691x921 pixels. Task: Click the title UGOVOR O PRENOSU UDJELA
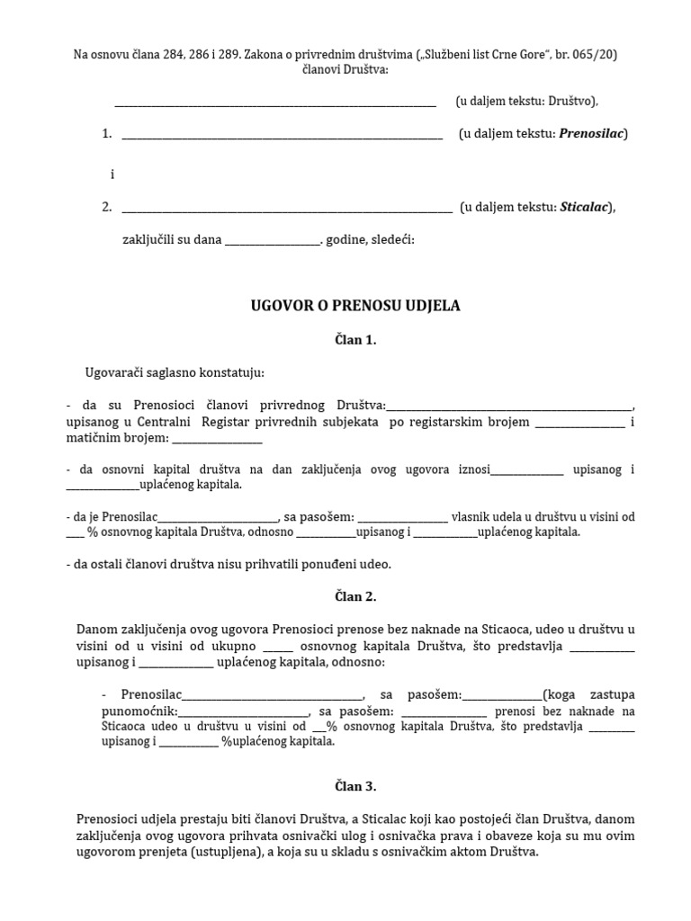pyautogui.click(x=354, y=306)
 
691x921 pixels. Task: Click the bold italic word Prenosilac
pyautogui.click(x=591, y=134)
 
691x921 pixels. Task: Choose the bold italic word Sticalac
pyautogui.click(x=584, y=208)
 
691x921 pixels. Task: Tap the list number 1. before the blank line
pyautogui.click(x=107, y=134)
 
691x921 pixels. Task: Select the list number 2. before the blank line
pyautogui.click(x=107, y=208)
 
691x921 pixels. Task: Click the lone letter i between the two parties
pyautogui.click(x=112, y=174)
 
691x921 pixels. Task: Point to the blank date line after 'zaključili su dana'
pyautogui.click(x=272, y=241)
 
